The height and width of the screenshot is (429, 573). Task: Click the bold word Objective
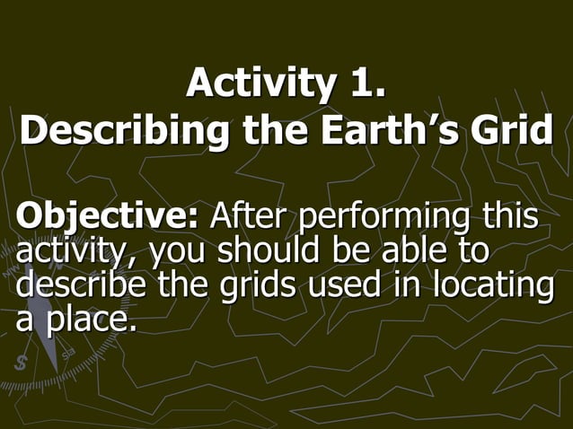(108, 218)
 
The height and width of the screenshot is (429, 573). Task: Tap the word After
(248, 217)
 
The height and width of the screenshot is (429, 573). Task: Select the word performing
(383, 219)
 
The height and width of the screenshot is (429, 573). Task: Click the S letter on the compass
(21, 363)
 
